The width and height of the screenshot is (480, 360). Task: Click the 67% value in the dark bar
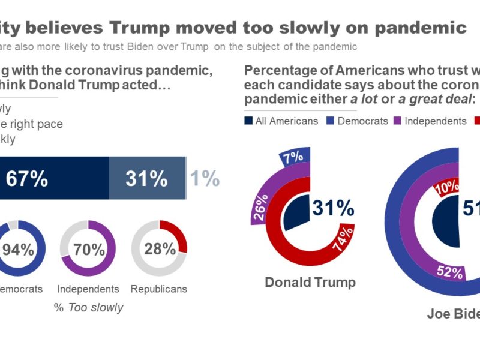pos(26,179)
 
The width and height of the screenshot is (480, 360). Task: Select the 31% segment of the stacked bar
pos(146,179)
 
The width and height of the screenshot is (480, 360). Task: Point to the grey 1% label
pos(205,179)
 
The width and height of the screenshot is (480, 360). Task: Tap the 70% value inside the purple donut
pos(89,249)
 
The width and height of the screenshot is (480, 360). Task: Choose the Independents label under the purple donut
pos(88,289)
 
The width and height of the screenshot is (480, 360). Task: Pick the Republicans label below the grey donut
pos(159,289)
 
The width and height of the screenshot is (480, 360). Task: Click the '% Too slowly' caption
pos(88,308)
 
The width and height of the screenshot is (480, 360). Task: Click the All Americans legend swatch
pos(248,121)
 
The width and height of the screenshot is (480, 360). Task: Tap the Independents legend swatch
pos(397,121)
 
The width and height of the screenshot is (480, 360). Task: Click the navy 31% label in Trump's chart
pos(333,208)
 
